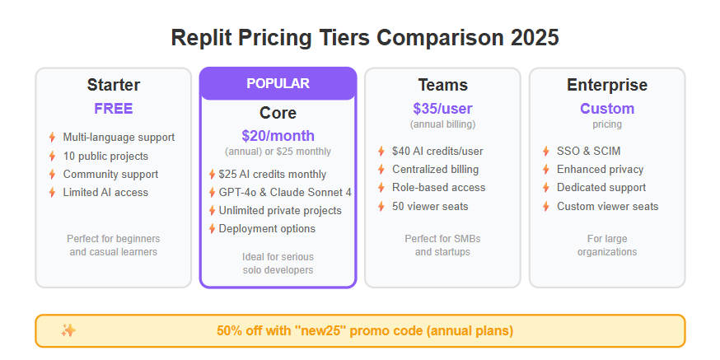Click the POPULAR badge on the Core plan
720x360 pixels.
tap(278, 83)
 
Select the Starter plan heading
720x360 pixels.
tap(114, 85)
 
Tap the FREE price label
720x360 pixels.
tap(114, 109)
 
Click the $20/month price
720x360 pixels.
tap(278, 136)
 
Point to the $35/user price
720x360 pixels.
tap(442, 109)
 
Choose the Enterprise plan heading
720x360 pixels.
tap(607, 85)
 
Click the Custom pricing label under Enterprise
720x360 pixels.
tap(607, 109)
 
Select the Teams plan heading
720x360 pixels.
tap(442, 85)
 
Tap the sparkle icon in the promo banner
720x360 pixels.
tap(68, 330)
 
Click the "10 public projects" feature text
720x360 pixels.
tap(105, 157)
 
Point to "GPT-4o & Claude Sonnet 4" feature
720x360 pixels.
tap(285, 193)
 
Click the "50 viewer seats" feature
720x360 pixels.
tap(430, 207)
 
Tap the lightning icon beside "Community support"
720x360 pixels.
tap(53, 175)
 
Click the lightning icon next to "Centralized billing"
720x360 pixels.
tap(381, 170)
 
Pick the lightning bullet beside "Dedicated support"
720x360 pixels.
tap(546, 188)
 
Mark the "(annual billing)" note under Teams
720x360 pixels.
tap(442, 124)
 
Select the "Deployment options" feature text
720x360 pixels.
tap(267, 229)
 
